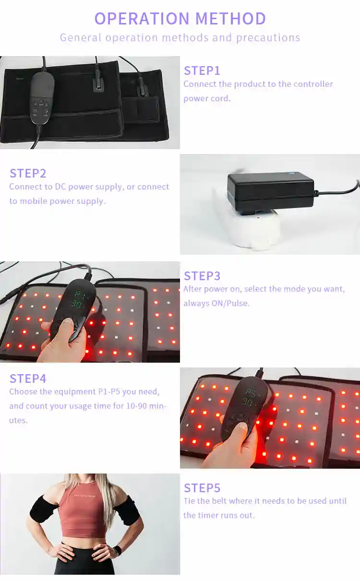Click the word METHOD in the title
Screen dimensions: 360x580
(230, 19)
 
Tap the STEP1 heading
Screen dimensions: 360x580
(202, 71)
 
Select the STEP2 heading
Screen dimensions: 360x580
(28, 173)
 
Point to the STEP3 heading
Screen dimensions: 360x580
(202, 276)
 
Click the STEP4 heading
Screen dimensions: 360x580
(28, 379)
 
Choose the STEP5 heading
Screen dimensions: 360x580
(202, 488)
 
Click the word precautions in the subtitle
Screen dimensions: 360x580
(268, 38)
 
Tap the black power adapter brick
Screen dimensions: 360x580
(271, 191)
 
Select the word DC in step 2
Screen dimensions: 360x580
(60, 187)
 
